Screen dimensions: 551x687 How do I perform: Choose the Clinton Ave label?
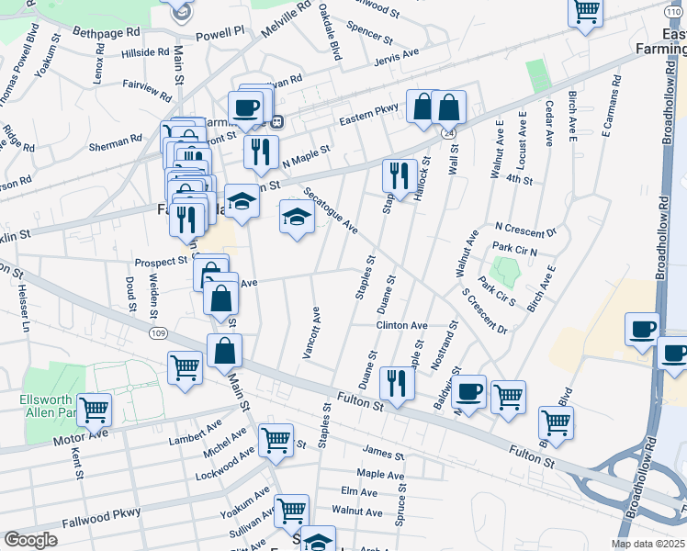[x=400, y=325]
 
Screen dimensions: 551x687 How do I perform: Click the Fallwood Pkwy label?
[x=102, y=520]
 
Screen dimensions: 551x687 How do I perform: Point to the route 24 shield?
[x=448, y=133]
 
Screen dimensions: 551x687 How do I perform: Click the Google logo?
[x=30, y=539]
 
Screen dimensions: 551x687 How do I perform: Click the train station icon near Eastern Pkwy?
[x=276, y=120]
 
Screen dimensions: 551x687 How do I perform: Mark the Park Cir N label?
[x=514, y=249]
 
